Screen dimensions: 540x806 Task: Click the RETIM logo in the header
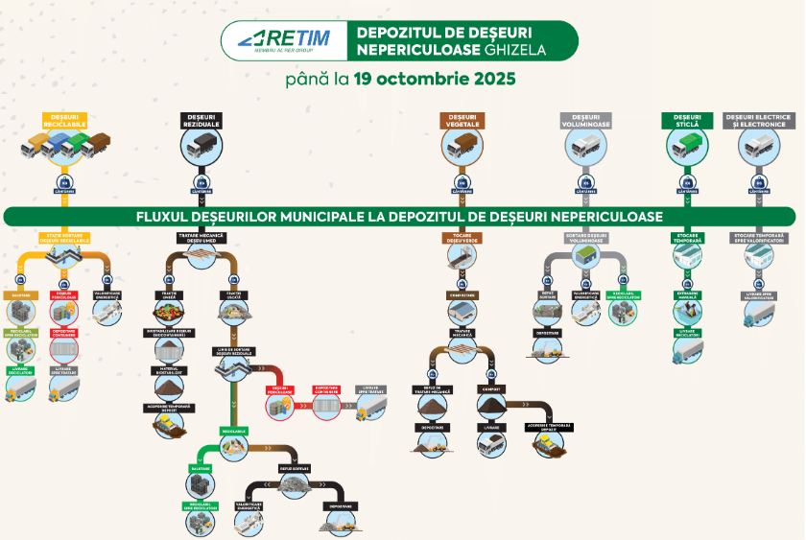click(x=282, y=39)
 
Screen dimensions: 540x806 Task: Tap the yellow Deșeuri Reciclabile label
click(x=65, y=121)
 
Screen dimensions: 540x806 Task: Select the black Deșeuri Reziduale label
click(x=201, y=121)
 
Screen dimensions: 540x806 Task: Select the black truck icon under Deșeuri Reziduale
click(x=201, y=147)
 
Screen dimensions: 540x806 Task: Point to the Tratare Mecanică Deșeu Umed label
click(x=202, y=237)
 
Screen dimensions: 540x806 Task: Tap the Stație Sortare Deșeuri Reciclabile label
click(x=65, y=237)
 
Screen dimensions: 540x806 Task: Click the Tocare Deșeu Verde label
click(x=462, y=237)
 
